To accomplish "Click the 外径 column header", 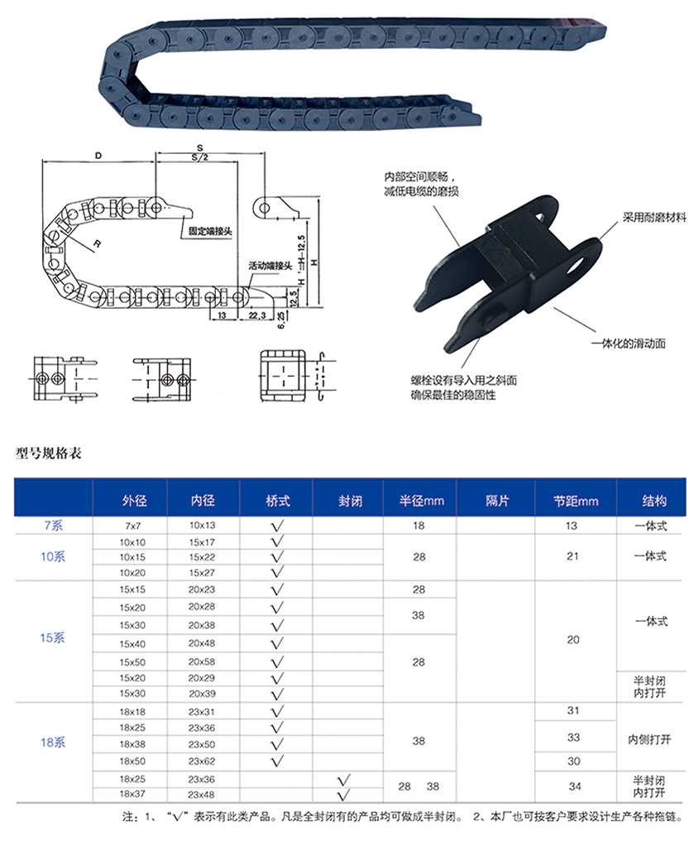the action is pyautogui.click(x=134, y=501).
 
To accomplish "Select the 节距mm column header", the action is pyautogui.click(x=576, y=501).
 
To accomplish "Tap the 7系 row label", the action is pyautogui.click(x=53, y=525).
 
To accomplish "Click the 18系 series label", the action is pyautogui.click(x=53, y=742).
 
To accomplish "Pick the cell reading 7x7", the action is pyautogui.click(x=133, y=526).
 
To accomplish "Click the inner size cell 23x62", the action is pyautogui.click(x=202, y=761).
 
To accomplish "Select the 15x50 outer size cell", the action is pyautogui.click(x=132, y=662).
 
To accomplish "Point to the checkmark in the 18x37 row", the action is pyautogui.click(x=343, y=795).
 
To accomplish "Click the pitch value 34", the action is pyautogui.click(x=575, y=786).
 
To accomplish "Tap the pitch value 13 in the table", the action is pyautogui.click(x=572, y=526).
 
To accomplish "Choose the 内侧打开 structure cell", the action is pyautogui.click(x=649, y=740).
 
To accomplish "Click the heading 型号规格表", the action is pyautogui.click(x=48, y=454).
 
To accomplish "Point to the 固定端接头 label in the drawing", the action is pyautogui.click(x=210, y=231).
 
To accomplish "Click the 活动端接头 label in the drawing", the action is pyautogui.click(x=271, y=266).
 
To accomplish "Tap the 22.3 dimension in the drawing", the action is pyautogui.click(x=257, y=315).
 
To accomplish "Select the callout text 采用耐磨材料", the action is pyautogui.click(x=654, y=217).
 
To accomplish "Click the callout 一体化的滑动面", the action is pyautogui.click(x=628, y=344).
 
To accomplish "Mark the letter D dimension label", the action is pyautogui.click(x=98, y=156).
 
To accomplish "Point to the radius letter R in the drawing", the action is pyautogui.click(x=97, y=243).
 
